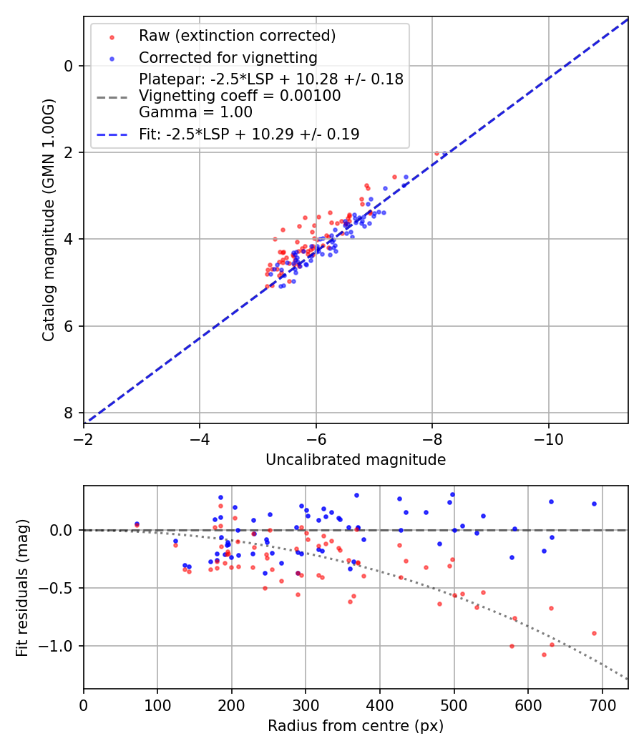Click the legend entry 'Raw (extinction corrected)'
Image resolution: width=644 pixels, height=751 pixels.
237,36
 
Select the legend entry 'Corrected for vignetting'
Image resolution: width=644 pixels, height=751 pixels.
228,57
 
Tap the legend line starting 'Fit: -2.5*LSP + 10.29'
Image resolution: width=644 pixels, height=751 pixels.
248,134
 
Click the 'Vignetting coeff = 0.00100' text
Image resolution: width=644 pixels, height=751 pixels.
240,96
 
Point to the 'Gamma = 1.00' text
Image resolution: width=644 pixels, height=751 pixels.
195,112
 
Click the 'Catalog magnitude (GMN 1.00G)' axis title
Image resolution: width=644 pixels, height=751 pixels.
48,220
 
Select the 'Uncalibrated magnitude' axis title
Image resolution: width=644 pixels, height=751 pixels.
356,460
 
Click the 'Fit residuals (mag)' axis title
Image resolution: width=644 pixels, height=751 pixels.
22,587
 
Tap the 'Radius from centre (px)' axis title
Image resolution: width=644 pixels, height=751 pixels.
356,726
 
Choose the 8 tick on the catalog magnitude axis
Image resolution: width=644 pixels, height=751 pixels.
69,413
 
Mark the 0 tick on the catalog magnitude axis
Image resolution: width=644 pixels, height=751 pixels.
69,66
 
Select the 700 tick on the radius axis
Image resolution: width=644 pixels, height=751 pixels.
602,704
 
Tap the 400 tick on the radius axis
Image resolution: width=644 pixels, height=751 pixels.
380,704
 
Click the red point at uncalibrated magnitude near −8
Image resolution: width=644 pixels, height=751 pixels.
436,153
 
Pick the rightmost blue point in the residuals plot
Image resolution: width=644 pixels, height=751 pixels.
594,504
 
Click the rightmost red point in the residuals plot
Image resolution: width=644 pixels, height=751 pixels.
594,633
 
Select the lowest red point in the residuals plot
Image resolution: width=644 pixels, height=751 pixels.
544,654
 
